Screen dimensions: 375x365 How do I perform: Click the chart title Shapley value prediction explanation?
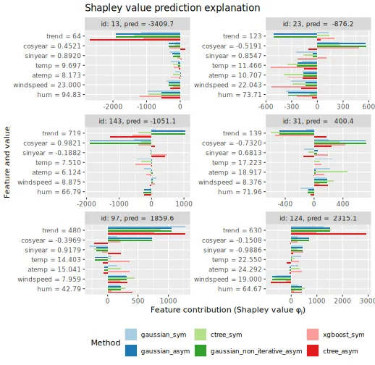(172, 8)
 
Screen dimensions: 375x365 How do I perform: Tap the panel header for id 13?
(137, 24)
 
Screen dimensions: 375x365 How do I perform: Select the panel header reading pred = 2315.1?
(318, 218)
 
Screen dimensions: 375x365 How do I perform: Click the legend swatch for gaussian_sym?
(131, 335)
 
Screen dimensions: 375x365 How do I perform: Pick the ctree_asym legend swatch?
(313, 351)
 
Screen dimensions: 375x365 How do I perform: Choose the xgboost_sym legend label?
(344, 335)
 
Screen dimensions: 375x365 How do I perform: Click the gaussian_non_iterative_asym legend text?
(256, 351)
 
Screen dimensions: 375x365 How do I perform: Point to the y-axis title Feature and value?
(7, 162)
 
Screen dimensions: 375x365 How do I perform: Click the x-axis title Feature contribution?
(228, 310)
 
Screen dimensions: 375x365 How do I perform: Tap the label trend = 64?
(64, 36)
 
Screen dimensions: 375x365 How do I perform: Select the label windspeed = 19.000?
(228, 280)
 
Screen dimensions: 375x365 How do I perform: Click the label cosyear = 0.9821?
(52, 143)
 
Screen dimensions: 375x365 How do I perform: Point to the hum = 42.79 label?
(59, 289)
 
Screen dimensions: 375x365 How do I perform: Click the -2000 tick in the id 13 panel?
(113, 106)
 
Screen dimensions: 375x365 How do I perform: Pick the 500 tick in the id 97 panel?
(138, 301)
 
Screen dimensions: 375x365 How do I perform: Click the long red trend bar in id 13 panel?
(135, 40)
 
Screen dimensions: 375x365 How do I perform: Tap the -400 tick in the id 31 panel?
(285, 204)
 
